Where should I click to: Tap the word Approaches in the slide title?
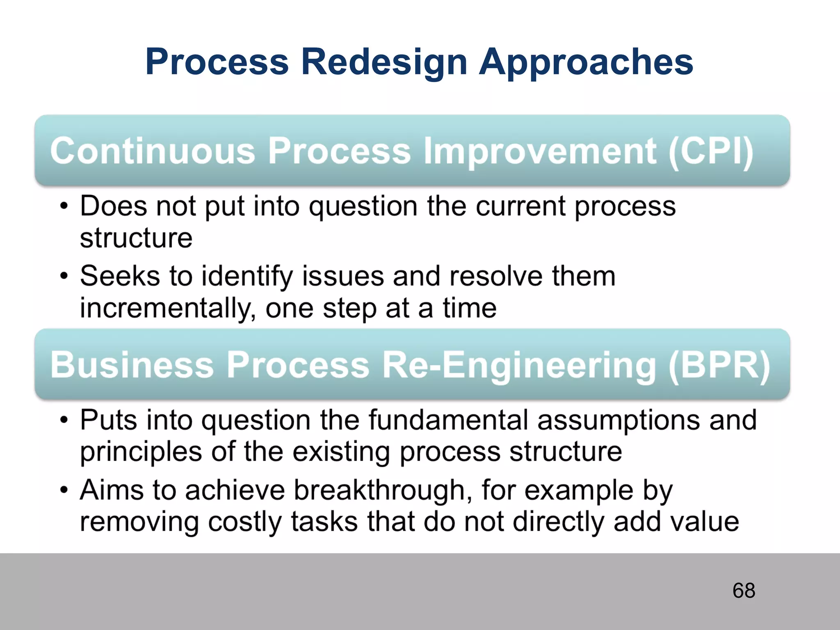[x=586, y=62]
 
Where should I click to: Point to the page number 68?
[x=744, y=591]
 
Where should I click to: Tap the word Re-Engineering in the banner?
[x=519, y=365]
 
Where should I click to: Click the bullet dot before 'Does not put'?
[x=64, y=206]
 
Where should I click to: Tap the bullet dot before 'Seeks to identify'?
[x=64, y=276]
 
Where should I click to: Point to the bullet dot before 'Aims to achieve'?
[x=64, y=491]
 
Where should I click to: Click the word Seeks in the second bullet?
[x=120, y=276]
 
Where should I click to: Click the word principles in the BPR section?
[x=141, y=452]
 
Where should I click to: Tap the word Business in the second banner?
[x=132, y=365]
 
